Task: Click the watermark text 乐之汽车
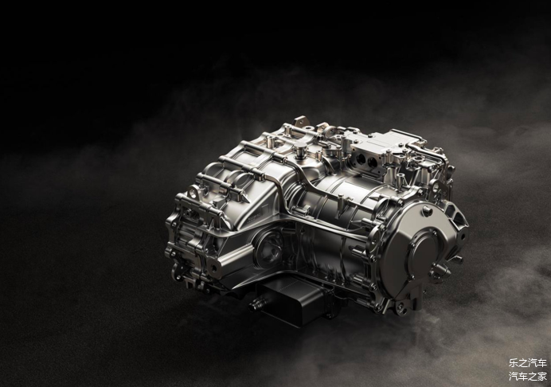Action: coord(528,363)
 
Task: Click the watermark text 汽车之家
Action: coord(528,377)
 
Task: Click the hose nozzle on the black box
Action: coord(254,303)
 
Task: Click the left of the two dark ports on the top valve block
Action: coord(360,159)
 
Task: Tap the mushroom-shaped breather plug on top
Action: coord(300,150)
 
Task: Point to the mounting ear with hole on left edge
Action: coord(193,192)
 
